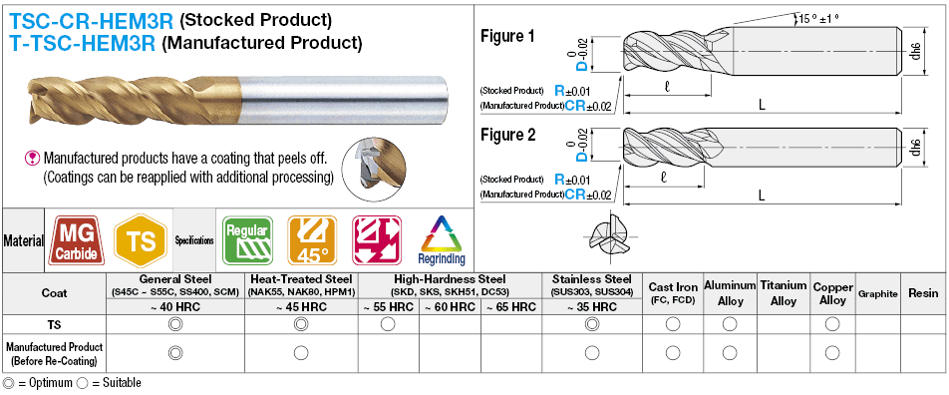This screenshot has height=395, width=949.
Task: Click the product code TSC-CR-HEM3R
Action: [91, 21]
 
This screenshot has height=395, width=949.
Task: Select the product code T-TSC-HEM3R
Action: [83, 43]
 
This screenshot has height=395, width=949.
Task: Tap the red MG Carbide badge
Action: [76, 240]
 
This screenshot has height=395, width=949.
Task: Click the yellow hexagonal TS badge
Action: [141, 240]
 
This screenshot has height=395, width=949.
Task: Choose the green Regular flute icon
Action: [247, 240]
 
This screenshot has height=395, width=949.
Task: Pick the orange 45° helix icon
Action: [312, 240]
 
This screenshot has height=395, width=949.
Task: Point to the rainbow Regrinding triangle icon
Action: [442, 240]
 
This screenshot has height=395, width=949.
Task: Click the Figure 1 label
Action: [507, 36]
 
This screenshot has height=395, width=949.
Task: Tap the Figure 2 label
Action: [507, 135]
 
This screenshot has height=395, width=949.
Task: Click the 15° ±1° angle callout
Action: [818, 18]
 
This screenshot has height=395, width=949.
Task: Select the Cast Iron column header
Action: [673, 293]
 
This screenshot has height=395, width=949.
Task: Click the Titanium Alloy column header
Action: [784, 293]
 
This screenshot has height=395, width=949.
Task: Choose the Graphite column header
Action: [877, 294]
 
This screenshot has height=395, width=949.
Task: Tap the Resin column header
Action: [923, 293]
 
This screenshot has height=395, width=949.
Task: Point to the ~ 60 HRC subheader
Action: [450, 307]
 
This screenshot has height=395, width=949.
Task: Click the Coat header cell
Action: [55, 293]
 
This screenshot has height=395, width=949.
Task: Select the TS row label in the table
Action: [55, 325]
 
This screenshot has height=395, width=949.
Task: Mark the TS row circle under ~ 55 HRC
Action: [388, 324]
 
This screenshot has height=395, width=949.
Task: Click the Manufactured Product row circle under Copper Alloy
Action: [832, 352]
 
